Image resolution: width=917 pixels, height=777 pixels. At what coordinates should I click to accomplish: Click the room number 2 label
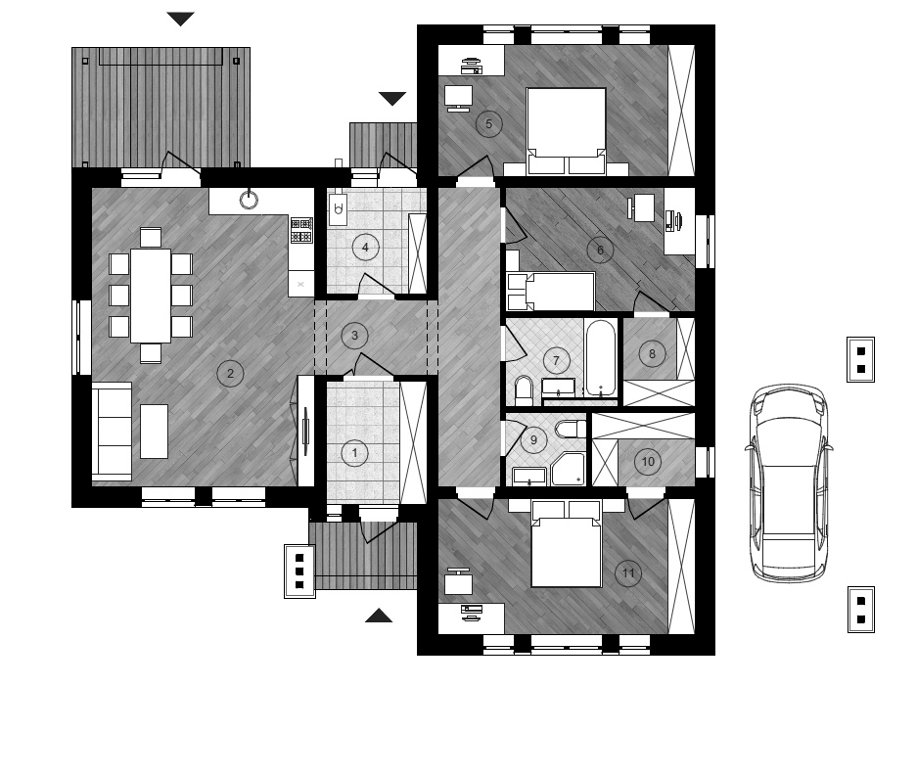point(230,373)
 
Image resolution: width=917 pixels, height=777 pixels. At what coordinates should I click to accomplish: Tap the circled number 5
point(489,124)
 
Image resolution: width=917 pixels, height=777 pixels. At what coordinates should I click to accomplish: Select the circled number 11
point(628,572)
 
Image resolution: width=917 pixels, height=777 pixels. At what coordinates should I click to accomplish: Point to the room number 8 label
point(652,353)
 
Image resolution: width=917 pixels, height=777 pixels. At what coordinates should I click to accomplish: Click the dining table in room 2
point(151,296)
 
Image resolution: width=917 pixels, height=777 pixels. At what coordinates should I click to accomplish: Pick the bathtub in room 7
point(601,358)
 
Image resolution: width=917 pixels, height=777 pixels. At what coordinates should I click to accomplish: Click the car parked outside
point(788,482)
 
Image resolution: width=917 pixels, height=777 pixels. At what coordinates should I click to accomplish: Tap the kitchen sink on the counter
point(250,200)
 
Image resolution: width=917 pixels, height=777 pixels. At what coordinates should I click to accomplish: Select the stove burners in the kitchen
point(301,230)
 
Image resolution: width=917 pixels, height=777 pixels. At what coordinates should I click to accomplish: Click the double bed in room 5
point(566,131)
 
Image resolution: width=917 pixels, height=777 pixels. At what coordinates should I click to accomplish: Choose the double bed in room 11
point(566,544)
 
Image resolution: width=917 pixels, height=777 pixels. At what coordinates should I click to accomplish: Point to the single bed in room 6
point(551,292)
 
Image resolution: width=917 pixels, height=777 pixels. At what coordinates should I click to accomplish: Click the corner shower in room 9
point(568,469)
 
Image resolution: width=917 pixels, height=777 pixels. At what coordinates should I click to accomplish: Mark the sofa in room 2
point(112,433)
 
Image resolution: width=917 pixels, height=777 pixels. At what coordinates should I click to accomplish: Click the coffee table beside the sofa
point(154,432)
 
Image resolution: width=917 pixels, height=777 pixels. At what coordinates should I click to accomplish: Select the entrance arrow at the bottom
point(379,616)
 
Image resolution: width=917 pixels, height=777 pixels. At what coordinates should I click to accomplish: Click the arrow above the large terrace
point(180,20)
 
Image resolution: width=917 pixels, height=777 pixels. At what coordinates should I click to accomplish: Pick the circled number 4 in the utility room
point(365,248)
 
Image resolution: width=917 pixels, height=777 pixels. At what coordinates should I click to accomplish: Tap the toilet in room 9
point(571,430)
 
